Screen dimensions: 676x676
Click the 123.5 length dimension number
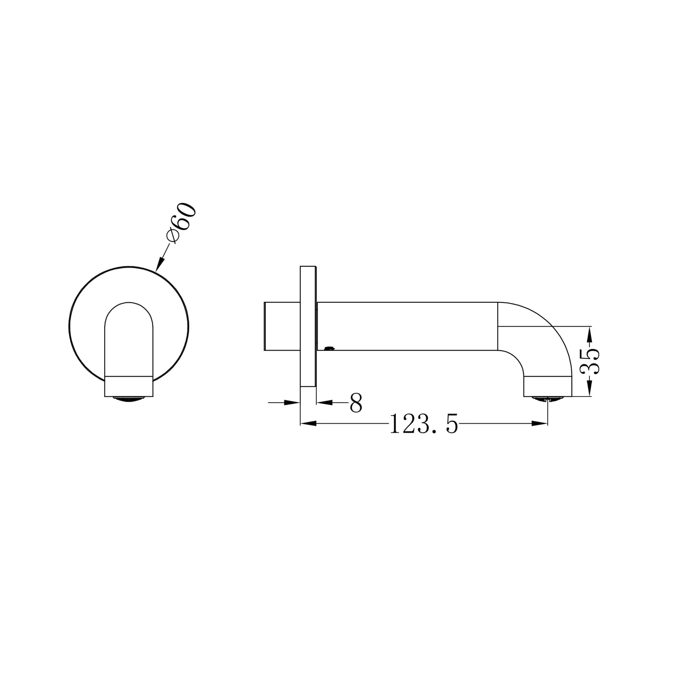click(x=424, y=424)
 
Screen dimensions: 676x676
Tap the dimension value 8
click(x=356, y=402)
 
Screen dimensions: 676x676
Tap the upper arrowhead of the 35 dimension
click(x=590, y=335)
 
